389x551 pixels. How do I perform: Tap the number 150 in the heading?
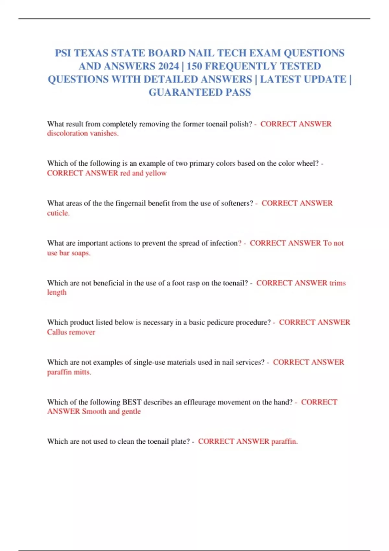click(x=194, y=66)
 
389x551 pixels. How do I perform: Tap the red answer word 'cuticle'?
click(x=58, y=213)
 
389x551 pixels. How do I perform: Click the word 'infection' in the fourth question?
click(x=224, y=243)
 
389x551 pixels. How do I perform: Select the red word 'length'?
click(x=57, y=292)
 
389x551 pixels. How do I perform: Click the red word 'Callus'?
click(x=57, y=332)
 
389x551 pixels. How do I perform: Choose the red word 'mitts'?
click(x=82, y=372)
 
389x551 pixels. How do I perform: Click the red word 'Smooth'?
click(x=94, y=411)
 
